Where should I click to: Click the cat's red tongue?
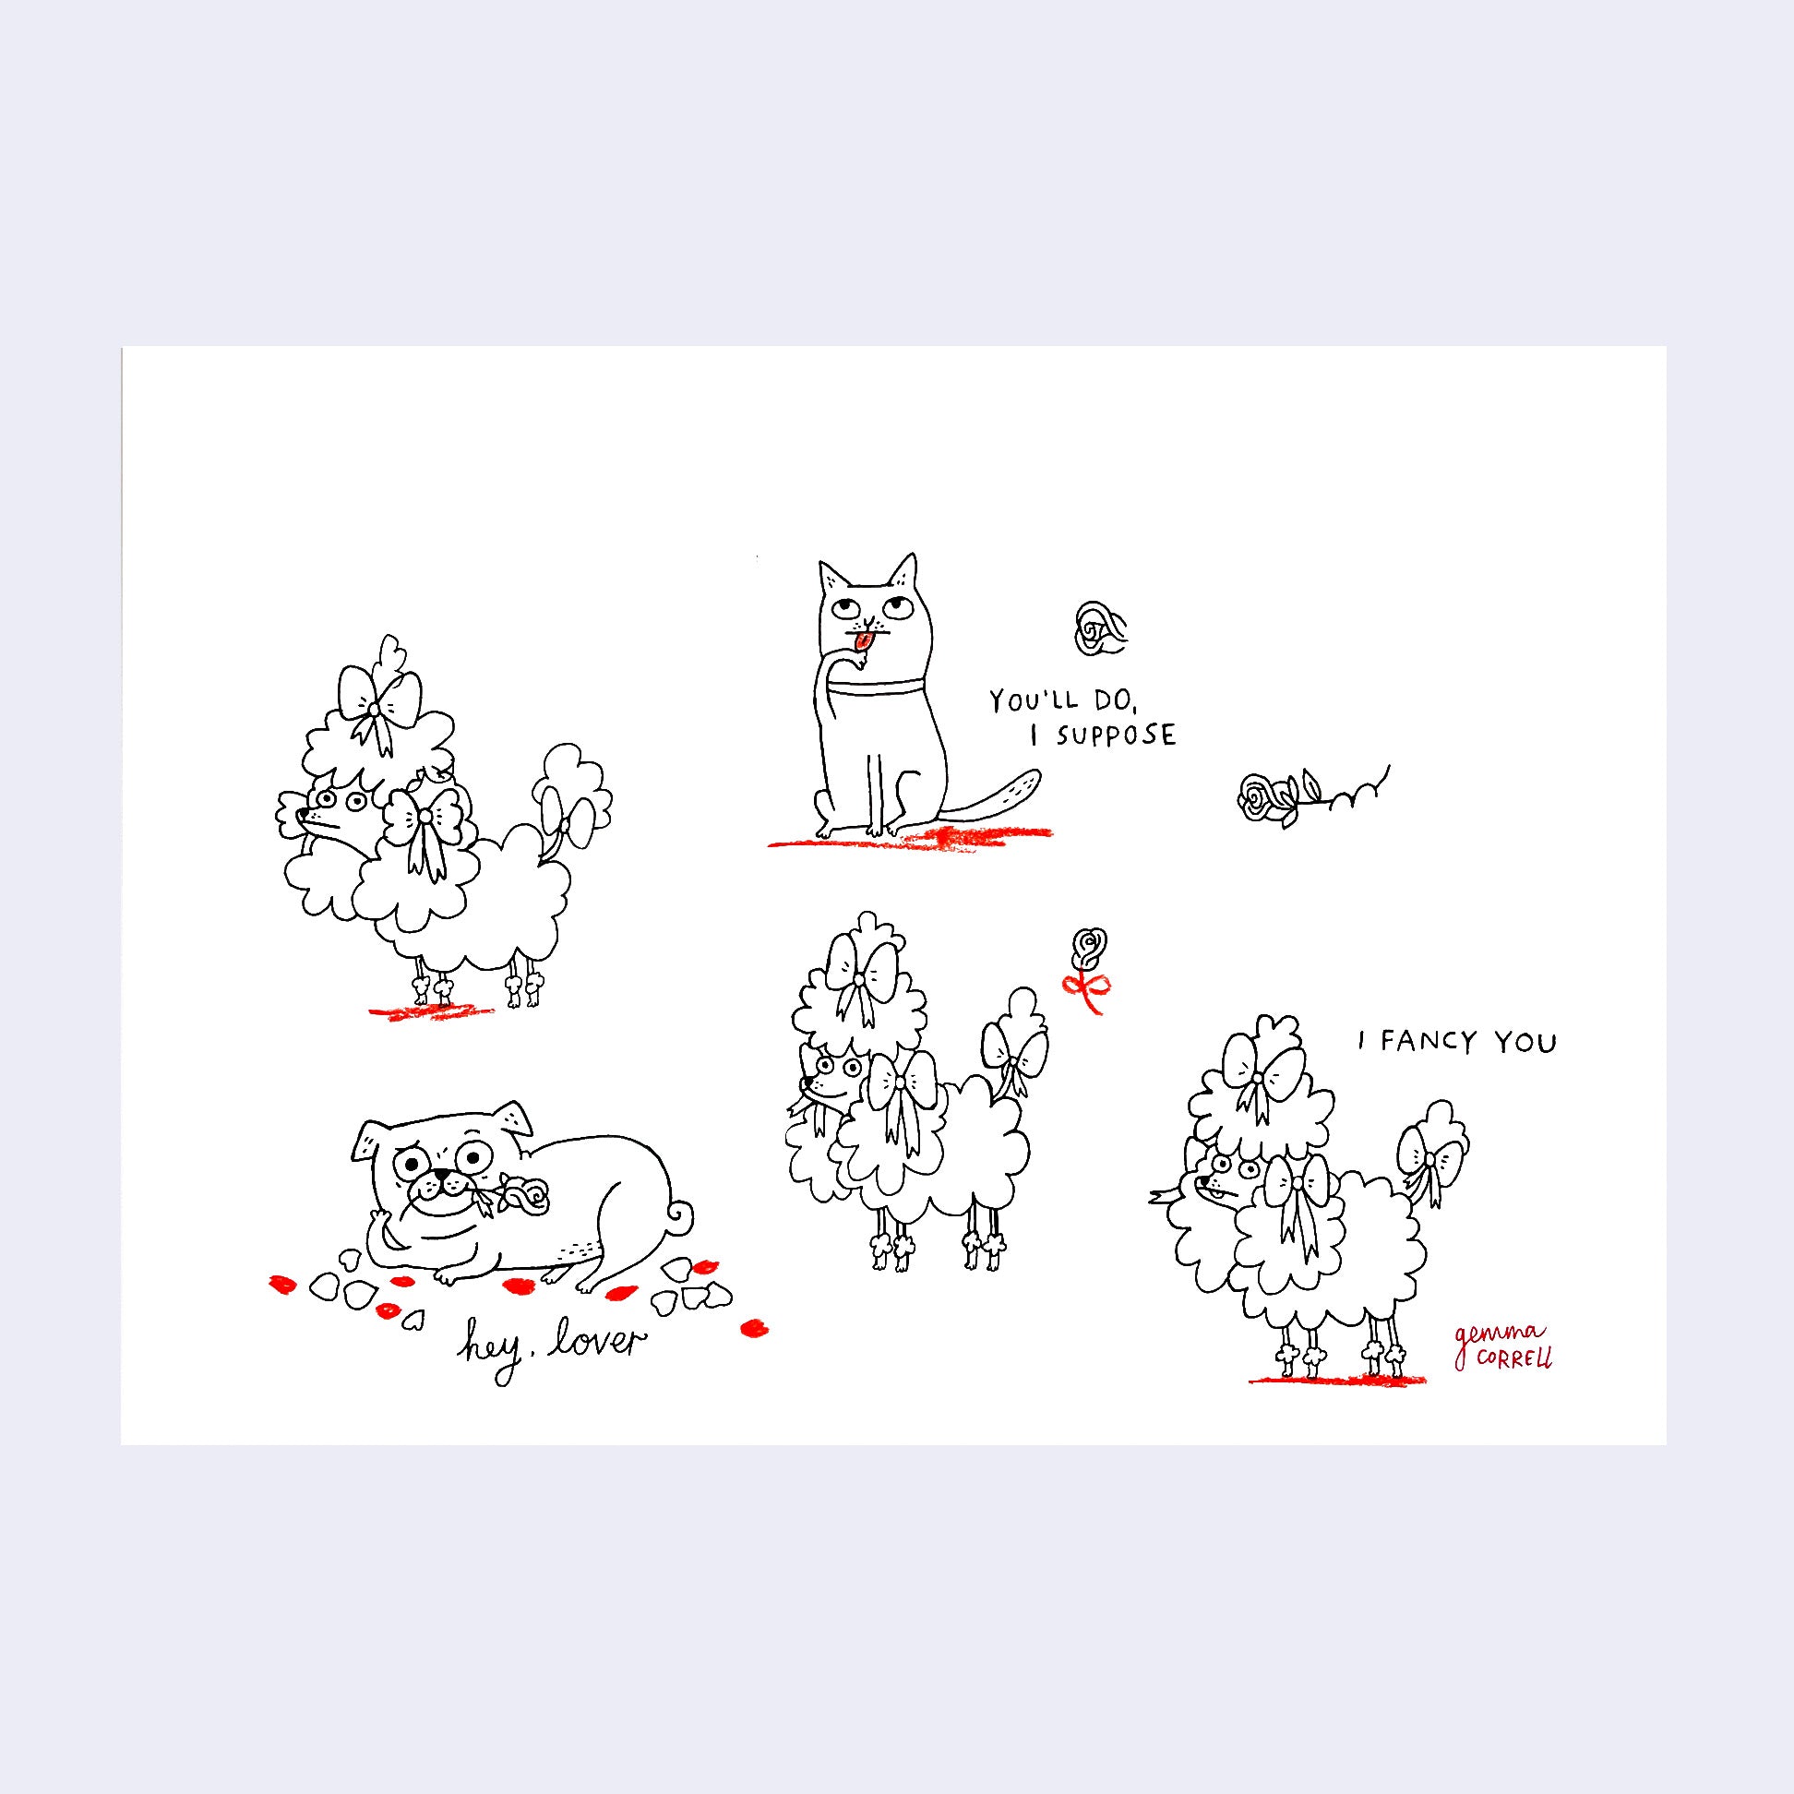pyautogui.click(x=864, y=641)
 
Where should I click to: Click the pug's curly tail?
pyautogui.click(x=678, y=1215)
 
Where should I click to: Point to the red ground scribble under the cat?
pyautogui.click(x=909, y=838)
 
